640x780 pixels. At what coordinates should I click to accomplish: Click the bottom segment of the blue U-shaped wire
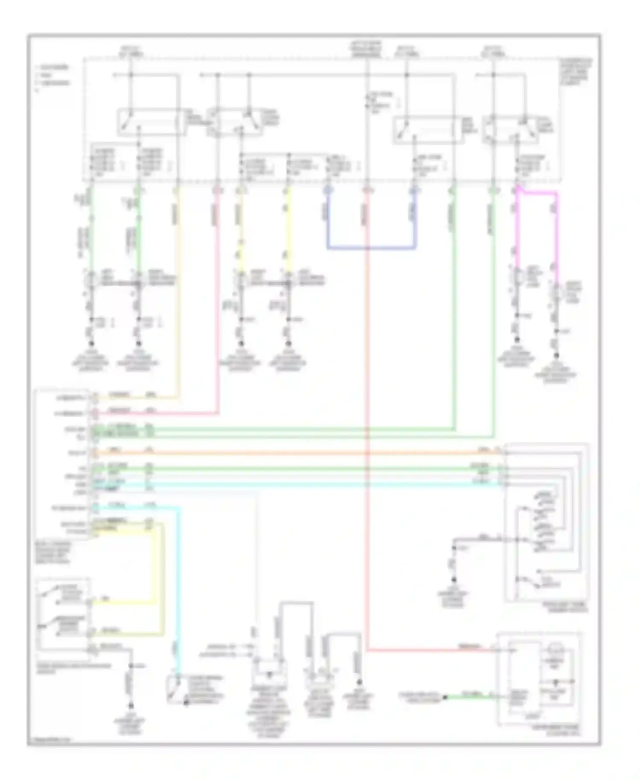(x=371, y=247)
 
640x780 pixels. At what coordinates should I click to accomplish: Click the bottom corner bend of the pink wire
(x=218, y=413)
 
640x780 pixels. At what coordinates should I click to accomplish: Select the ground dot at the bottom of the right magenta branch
(x=556, y=355)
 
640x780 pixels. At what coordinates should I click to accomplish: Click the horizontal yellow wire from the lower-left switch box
(x=124, y=603)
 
